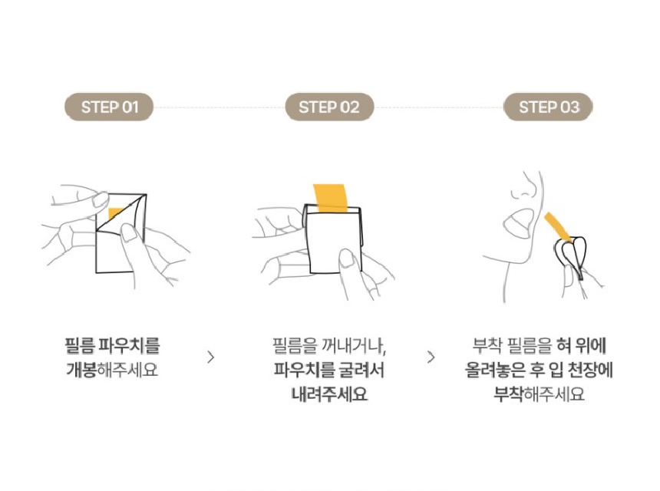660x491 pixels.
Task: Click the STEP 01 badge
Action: [109, 107]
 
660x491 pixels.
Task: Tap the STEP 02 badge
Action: [329, 107]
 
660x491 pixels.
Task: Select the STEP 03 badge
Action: [549, 107]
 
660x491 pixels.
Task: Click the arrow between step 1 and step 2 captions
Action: [211, 358]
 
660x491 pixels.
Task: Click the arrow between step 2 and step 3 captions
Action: [431, 358]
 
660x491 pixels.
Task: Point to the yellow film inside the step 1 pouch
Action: [114, 213]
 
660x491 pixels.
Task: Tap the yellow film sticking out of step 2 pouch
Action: [330, 197]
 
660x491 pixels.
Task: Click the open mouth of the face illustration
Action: [519, 222]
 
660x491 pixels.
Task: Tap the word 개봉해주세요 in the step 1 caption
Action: [112, 370]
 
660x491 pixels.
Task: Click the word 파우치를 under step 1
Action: [129, 345]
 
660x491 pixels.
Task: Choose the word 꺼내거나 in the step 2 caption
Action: [354, 345]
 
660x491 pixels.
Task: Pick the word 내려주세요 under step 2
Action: [329, 394]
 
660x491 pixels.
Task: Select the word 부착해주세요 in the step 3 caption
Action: [539, 394]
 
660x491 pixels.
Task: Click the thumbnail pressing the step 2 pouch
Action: [346, 258]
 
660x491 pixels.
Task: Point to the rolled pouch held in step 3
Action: [571, 257]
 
